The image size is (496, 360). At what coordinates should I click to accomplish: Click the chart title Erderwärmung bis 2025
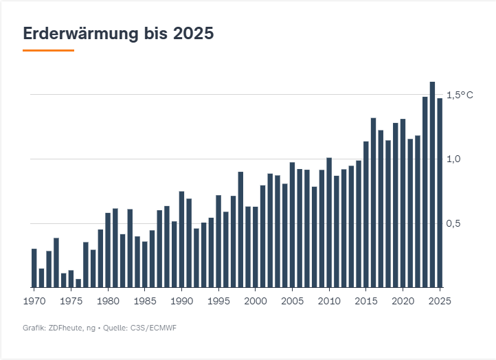pyautogui.click(x=118, y=33)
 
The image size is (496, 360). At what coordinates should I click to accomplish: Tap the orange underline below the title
pyautogui.click(x=48, y=50)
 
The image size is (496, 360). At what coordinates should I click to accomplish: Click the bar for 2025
pyautogui.click(x=440, y=192)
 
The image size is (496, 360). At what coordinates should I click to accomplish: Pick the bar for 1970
pyautogui.click(x=34, y=268)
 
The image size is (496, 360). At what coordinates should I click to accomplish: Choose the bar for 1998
pyautogui.click(x=240, y=229)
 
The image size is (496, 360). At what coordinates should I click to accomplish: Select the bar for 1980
pyautogui.click(x=108, y=250)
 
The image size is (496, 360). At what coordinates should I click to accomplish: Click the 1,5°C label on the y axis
pyautogui.click(x=460, y=95)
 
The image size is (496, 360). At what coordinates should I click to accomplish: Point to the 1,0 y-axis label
pyautogui.click(x=453, y=159)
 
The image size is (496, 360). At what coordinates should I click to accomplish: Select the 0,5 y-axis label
pyautogui.click(x=453, y=224)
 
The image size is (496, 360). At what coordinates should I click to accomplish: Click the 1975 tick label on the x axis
pyautogui.click(x=71, y=301)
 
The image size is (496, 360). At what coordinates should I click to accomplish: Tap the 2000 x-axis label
pyautogui.click(x=255, y=301)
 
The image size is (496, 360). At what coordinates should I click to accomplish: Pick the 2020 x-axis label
pyautogui.click(x=403, y=301)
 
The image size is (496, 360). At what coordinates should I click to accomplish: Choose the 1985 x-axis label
pyautogui.click(x=144, y=301)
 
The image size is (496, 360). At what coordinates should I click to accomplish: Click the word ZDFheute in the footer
pyautogui.click(x=62, y=328)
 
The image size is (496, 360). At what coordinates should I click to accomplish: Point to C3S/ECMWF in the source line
pyautogui.click(x=153, y=328)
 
